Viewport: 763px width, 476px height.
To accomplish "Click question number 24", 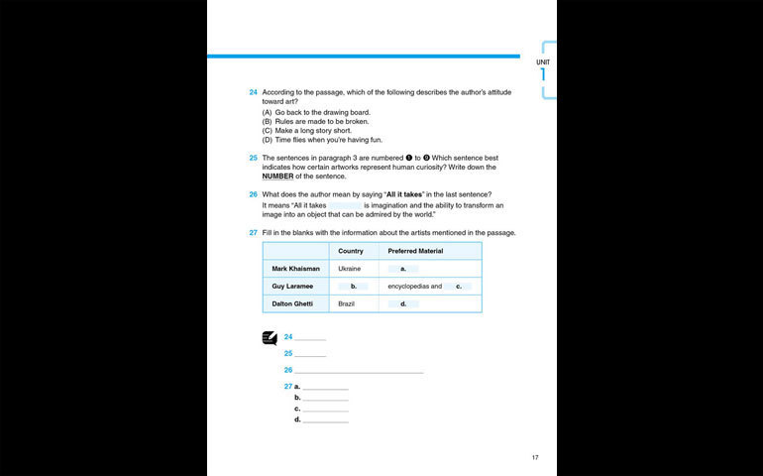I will (x=254, y=92).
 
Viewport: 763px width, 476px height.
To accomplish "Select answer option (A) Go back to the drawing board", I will (x=316, y=112).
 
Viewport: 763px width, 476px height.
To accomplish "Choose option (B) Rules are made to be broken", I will (x=316, y=121).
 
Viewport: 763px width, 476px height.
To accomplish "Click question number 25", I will (x=254, y=158).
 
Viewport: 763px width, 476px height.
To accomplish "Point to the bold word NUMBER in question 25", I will (x=278, y=177).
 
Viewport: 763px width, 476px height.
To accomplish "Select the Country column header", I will (x=351, y=251).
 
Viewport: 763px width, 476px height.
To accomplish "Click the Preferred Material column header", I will (x=415, y=251).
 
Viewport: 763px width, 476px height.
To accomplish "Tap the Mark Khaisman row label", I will (x=295, y=269).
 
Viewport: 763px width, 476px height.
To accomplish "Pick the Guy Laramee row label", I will (x=292, y=287).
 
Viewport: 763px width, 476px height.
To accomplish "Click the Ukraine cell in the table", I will (x=349, y=269).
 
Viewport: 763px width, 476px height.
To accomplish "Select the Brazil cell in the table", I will (x=346, y=303).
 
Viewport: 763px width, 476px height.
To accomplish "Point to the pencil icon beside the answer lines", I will (x=270, y=337).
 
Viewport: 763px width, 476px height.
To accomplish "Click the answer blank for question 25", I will (x=310, y=353).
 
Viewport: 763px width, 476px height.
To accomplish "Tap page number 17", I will (x=535, y=457).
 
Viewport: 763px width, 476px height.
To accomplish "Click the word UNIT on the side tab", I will (x=543, y=62).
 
